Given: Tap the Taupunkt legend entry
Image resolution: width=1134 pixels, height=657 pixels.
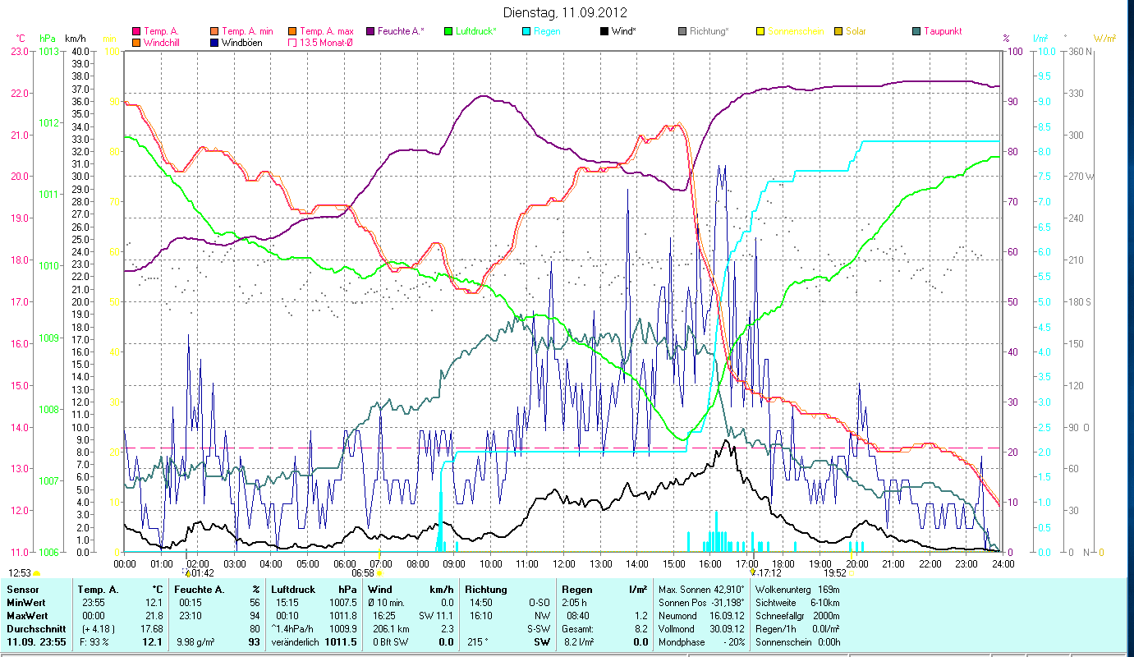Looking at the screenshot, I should tap(942, 31).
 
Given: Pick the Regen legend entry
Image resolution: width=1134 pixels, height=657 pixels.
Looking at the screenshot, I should tap(549, 31).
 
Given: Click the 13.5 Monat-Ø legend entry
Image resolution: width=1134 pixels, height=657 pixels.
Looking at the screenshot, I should tap(329, 43).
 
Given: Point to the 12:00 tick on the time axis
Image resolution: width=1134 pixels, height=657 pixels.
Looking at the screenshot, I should tap(564, 564).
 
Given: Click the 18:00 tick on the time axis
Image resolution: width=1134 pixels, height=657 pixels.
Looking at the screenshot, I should tap(783, 564).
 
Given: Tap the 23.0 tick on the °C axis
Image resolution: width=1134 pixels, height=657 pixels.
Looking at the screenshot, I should tap(18, 51).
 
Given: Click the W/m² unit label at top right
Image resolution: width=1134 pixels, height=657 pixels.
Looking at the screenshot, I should tap(1104, 39).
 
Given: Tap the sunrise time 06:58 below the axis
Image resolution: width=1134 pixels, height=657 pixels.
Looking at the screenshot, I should tap(362, 572).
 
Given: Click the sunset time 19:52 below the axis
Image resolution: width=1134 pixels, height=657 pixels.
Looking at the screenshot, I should tap(835, 572).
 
